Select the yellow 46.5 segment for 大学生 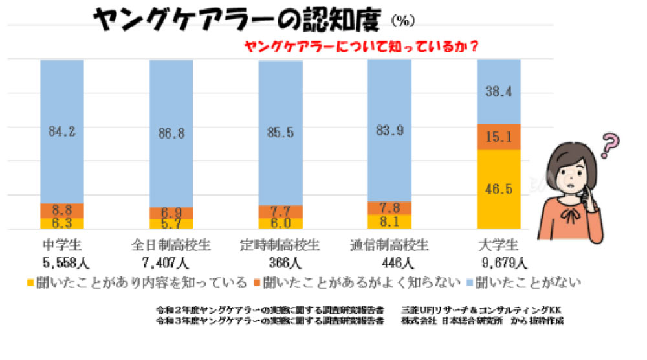499,189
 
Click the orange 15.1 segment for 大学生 499,137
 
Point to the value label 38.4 499,93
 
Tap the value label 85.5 280,133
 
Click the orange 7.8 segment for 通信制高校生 389,207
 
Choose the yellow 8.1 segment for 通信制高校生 389,221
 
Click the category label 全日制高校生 171,246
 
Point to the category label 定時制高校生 280,246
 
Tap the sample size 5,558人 63,263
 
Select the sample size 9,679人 499,263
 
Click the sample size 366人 280,263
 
